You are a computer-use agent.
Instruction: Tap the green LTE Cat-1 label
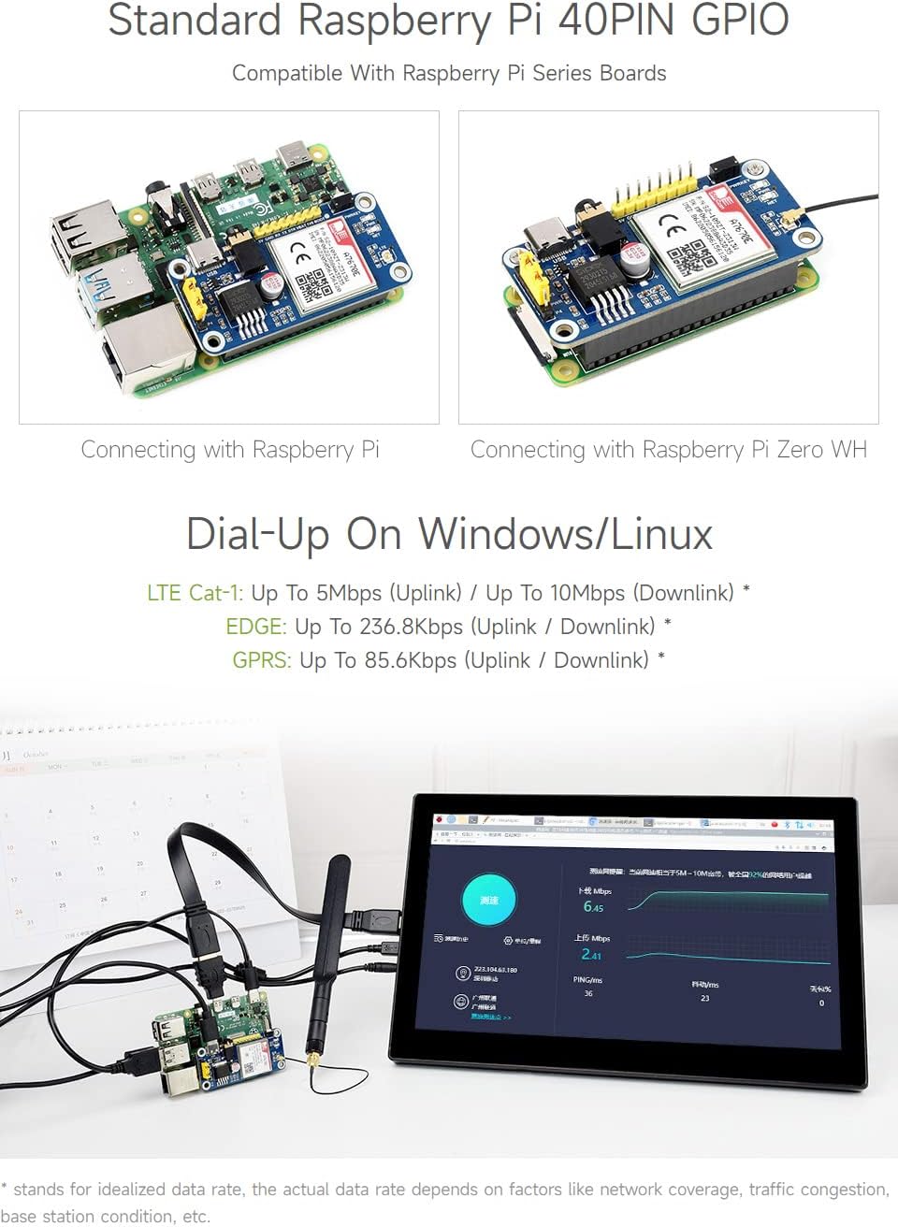[x=195, y=593]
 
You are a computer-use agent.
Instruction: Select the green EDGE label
[x=255, y=627]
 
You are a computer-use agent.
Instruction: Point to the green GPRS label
[x=261, y=660]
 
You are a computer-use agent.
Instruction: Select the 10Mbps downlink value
[x=587, y=593]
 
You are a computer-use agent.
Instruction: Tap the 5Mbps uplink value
[x=349, y=593]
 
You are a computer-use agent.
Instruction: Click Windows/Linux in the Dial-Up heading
[x=565, y=534]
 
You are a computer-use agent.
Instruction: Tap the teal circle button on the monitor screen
[x=488, y=900]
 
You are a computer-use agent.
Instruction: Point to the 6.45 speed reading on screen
[x=593, y=906]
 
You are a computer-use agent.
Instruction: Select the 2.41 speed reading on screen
[x=591, y=955]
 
